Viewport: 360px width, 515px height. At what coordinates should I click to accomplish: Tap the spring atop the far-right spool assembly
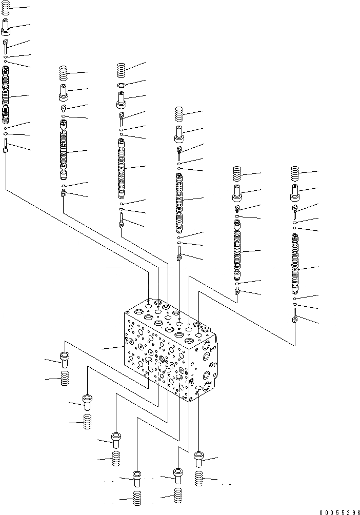click(x=295, y=174)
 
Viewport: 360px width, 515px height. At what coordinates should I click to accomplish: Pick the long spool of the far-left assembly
click(x=6, y=95)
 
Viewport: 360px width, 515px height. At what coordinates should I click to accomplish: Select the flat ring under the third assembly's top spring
click(x=121, y=85)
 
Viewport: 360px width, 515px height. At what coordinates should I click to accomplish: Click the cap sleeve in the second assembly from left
click(x=64, y=93)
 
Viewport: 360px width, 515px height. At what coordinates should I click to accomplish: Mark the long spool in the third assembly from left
click(x=121, y=167)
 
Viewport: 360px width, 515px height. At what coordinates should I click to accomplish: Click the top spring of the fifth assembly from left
click(x=237, y=174)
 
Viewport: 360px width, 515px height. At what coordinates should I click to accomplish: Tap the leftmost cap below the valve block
click(x=65, y=359)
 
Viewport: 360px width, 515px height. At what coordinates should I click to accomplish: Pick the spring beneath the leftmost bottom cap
click(x=65, y=380)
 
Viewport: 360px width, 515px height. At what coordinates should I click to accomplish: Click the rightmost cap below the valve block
click(x=199, y=458)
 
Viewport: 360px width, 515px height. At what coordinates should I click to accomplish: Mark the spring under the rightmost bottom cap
click(x=199, y=480)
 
